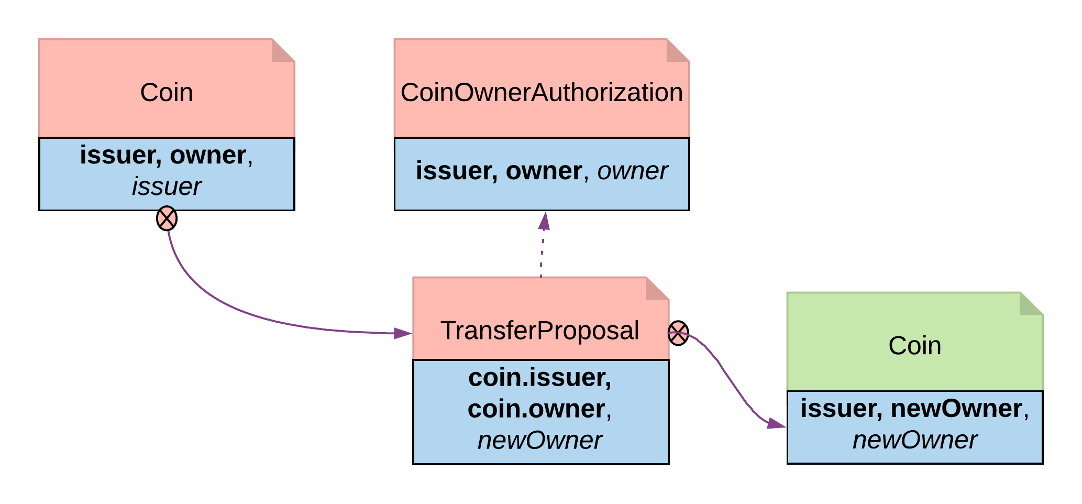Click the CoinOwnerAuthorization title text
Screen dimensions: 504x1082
pyautogui.click(x=542, y=93)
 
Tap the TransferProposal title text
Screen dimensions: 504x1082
pyautogui.click(x=539, y=331)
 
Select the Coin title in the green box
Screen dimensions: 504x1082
pyautogui.click(x=914, y=346)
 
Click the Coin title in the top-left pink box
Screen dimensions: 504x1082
pyautogui.click(x=167, y=93)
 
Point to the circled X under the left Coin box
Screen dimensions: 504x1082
pyautogui.click(x=167, y=219)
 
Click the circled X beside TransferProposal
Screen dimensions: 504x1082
pyautogui.click(x=678, y=333)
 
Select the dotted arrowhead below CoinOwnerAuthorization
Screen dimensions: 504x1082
pyautogui.click(x=544, y=222)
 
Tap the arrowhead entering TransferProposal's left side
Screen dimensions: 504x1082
pyautogui.click(x=403, y=333)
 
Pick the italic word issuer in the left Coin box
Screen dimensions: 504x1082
pyautogui.click(x=167, y=187)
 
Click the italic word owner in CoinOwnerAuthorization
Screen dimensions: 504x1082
pyautogui.click(x=632, y=171)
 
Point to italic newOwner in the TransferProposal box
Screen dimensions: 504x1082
pyautogui.click(x=539, y=441)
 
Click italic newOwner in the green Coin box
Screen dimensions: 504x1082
pyautogui.click(x=914, y=440)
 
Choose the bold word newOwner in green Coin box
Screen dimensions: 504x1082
pyautogui.click(x=956, y=409)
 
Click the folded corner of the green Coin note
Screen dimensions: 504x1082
pyautogui.click(x=1031, y=303)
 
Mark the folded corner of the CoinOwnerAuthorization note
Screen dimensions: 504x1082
pyautogui.click(x=678, y=50)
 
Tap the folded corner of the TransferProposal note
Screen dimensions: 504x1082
pyautogui.click(x=657, y=288)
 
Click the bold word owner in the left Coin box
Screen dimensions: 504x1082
pyautogui.click(x=208, y=156)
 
